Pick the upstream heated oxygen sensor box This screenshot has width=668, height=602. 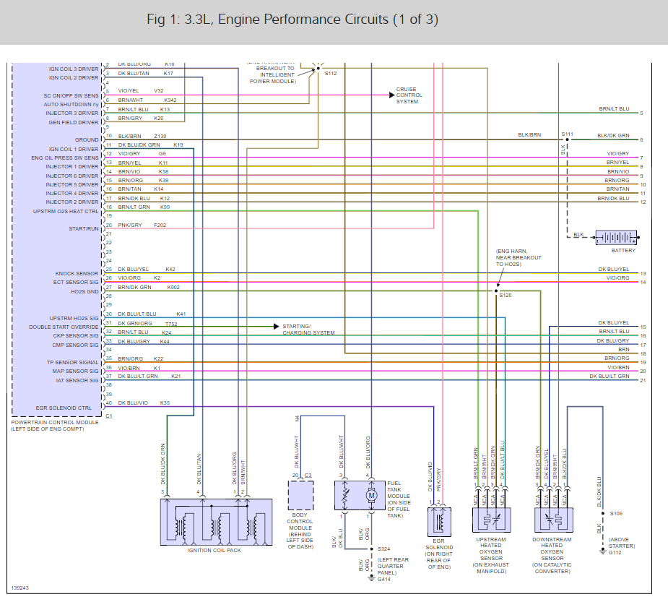491,520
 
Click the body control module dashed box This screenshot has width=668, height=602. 302,496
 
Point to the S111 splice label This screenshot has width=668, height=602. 567,134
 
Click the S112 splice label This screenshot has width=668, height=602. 330,73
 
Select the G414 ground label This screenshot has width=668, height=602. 383,579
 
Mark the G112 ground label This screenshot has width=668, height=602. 615,553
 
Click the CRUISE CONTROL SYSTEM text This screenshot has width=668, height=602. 409,95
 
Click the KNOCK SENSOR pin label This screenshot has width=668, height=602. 76,274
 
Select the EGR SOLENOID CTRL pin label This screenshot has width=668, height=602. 64,408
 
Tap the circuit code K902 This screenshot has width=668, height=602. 173,287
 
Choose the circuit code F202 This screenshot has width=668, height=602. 160,225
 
